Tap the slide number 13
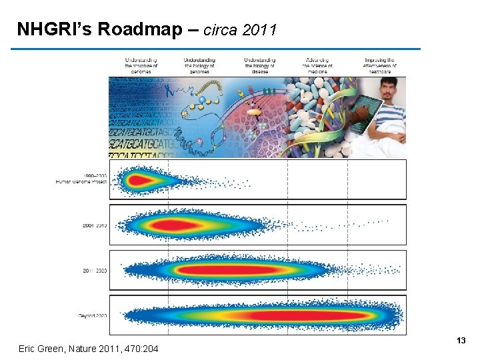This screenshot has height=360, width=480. [x=461, y=341]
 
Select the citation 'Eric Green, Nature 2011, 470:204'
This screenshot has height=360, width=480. [x=89, y=348]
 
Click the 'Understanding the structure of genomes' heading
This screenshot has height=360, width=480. [x=141, y=65]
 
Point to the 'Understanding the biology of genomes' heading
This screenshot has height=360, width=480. [x=199, y=65]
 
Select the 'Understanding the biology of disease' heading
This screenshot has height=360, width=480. [x=260, y=65]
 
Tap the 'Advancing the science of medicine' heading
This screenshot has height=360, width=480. [x=317, y=65]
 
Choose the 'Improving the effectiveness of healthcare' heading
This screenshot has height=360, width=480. [x=380, y=65]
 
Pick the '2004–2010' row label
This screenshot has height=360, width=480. [x=95, y=225]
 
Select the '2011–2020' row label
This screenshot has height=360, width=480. [x=95, y=271]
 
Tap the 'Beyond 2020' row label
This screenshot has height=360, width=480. [x=93, y=315]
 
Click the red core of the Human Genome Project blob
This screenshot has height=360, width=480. [x=140, y=180]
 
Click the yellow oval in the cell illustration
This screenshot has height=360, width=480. [x=254, y=113]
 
